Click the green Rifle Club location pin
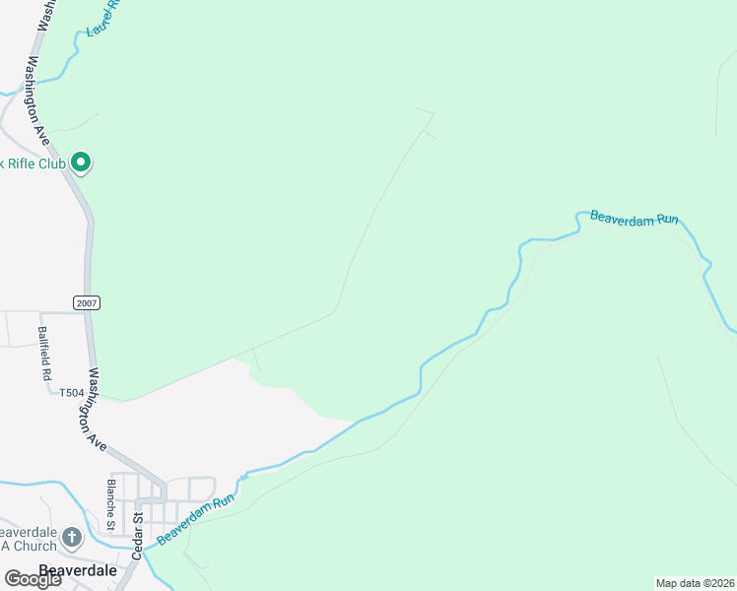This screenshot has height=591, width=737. click(82, 162)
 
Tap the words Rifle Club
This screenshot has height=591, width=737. click(36, 164)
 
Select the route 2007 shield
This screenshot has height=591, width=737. click(87, 302)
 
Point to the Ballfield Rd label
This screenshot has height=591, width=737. click(44, 354)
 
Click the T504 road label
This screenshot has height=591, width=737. click(71, 392)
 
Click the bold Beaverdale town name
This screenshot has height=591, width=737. click(78, 570)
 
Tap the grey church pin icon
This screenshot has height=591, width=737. click(71, 537)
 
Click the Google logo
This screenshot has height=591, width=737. click(33, 579)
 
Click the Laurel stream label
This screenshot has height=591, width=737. click(101, 18)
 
